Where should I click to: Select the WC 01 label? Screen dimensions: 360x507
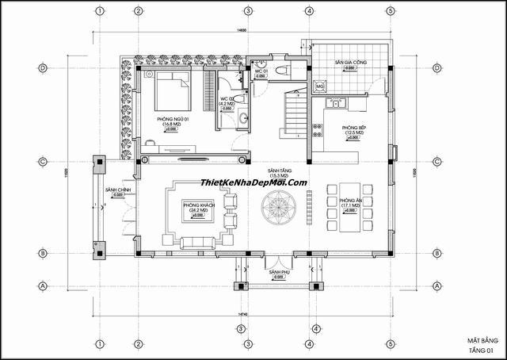point(260,71)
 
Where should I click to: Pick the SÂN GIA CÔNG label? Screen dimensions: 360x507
point(350,61)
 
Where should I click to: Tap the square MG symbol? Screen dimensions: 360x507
point(320,86)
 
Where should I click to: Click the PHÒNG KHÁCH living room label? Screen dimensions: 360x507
point(198,205)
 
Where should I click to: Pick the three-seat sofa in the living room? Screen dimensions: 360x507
point(198,243)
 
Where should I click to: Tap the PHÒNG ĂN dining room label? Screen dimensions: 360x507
point(350,201)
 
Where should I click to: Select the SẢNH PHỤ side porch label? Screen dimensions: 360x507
point(276,273)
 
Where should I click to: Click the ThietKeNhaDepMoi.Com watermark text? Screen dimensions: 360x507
point(253,182)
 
